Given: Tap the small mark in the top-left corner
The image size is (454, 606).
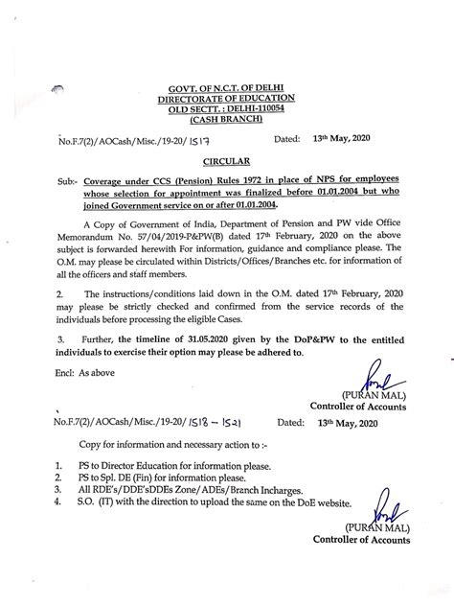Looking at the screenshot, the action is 58,90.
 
